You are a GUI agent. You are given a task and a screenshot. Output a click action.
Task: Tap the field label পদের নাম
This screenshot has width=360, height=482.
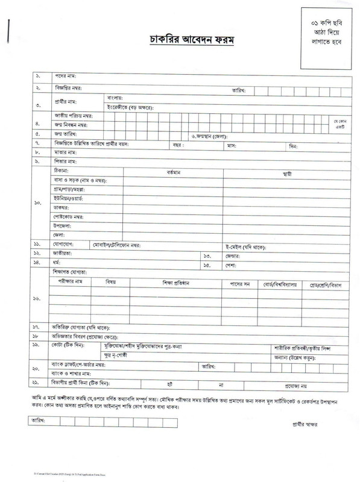point(63,76)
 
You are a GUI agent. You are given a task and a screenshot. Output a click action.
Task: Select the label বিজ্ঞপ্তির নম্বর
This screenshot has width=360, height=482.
point(69,89)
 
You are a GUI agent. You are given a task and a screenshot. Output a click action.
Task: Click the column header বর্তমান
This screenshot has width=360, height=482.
point(179,172)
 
